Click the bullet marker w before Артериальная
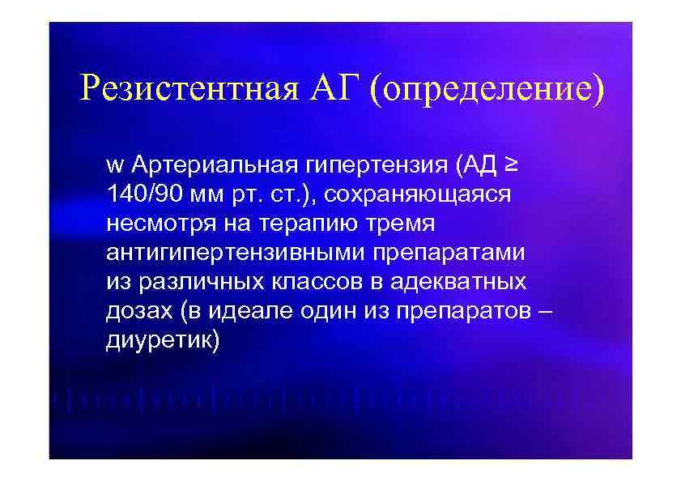pos(113,168)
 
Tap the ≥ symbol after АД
pos(512,166)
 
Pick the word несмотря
pos(151,224)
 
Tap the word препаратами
pos(449,254)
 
